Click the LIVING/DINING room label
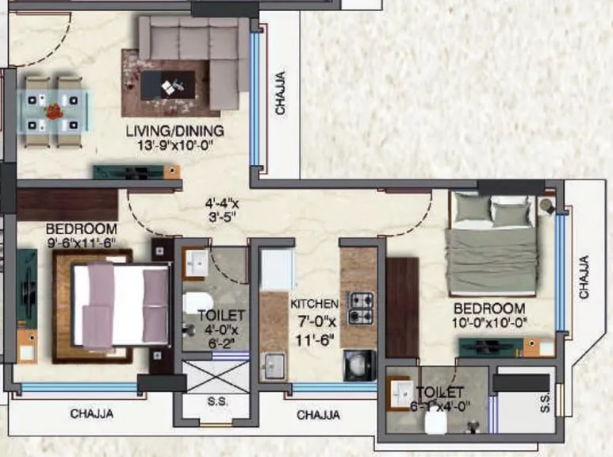point(175,130)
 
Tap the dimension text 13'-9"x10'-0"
point(175,145)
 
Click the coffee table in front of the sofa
point(167,85)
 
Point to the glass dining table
point(54,110)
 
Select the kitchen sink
point(274,364)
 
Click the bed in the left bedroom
point(119,305)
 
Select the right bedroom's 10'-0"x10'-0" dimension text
point(489,322)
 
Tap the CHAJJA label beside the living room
point(280,94)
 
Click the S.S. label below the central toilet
point(217,402)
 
